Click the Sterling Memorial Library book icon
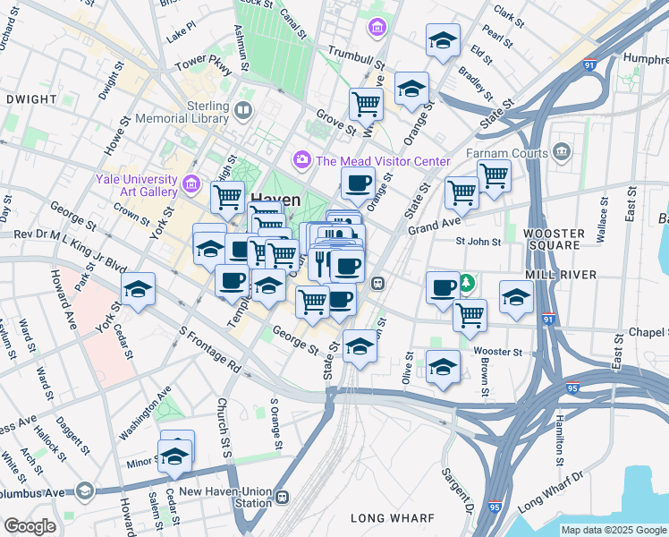244,112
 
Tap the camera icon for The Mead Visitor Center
301,160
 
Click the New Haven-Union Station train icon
283,497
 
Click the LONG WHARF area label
392,518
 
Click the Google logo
30,526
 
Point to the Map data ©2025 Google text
614,530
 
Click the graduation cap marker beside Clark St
443,40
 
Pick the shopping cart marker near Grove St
366,103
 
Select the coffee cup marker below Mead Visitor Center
358,183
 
